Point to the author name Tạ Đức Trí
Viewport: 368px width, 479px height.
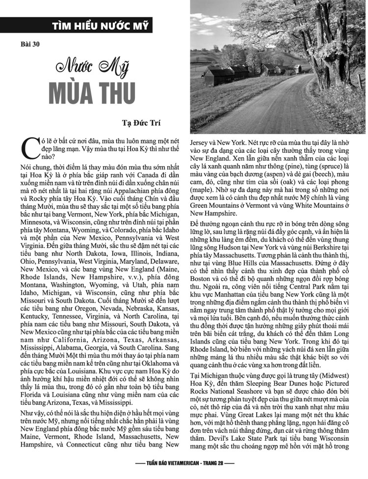pyautogui.click(x=142, y=123)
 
